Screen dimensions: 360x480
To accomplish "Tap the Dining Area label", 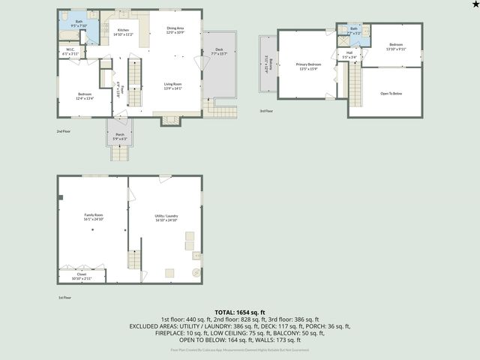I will click(175, 31).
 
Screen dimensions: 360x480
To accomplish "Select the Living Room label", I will click(174, 86).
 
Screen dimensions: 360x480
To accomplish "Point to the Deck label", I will click(219, 52).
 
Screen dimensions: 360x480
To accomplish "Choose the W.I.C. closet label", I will click(69, 52).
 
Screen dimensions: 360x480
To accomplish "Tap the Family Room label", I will click(93, 217).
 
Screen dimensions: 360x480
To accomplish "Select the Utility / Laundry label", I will click(166, 217).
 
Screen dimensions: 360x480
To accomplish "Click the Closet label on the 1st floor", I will click(82, 276).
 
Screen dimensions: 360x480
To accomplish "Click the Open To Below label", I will click(391, 93).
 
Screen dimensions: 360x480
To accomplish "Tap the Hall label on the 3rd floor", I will click(349, 55).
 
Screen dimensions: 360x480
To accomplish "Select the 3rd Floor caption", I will click(267, 111).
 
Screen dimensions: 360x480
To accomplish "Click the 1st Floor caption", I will click(65, 298).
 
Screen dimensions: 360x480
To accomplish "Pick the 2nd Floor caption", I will click(64, 131).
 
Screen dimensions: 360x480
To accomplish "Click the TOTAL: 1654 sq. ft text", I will click(240, 312).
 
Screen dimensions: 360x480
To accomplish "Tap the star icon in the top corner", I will click(473, 5).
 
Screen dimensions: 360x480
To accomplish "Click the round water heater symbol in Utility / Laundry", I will click(196, 272).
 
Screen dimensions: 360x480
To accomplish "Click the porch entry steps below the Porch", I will click(120, 153).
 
